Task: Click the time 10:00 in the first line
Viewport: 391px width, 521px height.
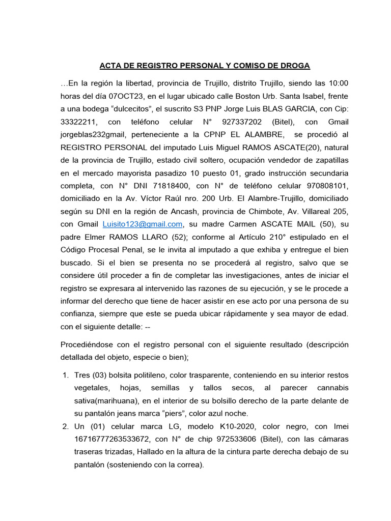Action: tap(339, 83)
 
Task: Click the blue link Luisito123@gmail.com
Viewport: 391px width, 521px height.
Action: tap(143, 224)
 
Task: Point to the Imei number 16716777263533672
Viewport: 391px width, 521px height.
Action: tap(106, 439)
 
